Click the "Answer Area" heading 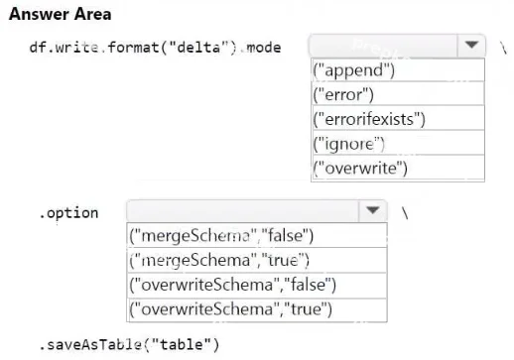click(x=60, y=14)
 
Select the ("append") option click(x=398, y=70)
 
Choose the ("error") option click(x=398, y=94)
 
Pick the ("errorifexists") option click(x=398, y=118)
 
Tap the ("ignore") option click(x=398, y=143)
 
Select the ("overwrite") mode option click(x=398, y=168)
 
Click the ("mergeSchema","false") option click(x=257, y=235)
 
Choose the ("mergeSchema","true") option click(x=257, y=260)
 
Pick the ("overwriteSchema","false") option click(x=257, y=285)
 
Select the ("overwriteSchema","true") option click(x=257, y=309)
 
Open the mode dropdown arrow click(x=471, y=45)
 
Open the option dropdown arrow click(x=373, y=210)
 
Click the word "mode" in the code click(x=264, y=48)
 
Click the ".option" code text click(x=68, y=213)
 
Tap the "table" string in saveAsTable click(x=182, y=345)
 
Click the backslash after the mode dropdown click(x=503, y=49)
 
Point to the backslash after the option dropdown click(x=405, y=213)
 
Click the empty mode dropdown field click(x=384, y=46)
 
